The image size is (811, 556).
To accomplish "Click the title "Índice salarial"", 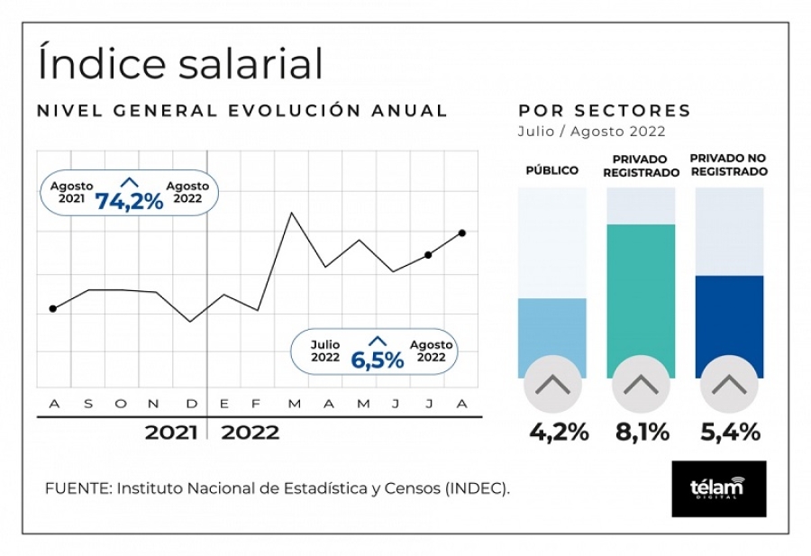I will click(181, 63).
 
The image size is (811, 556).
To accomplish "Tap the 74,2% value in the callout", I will click(130, 201).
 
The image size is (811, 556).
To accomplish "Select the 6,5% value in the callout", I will click(377, 360).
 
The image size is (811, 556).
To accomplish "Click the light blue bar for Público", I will click(551, 335).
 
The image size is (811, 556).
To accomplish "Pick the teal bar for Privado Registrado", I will click(641, 297).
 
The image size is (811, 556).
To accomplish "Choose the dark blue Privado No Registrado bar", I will click(729, 324).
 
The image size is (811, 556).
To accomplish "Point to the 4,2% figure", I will click(559, 433).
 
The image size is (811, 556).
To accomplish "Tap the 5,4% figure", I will click(730, 433).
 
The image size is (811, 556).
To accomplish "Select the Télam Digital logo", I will click(718, 488).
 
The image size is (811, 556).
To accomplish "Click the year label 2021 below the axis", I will click(171, 433).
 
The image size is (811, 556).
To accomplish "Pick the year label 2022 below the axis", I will click(251, 433).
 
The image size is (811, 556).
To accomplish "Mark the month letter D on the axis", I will click(190, 403).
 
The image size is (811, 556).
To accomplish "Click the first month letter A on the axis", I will click(53, 403).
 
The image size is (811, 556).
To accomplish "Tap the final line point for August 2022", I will click(462, 232).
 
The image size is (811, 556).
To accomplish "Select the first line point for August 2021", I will click(53, 308).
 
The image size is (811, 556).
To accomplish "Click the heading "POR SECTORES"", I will click(605, 111).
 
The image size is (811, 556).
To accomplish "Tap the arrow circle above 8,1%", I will click(641, 385).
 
